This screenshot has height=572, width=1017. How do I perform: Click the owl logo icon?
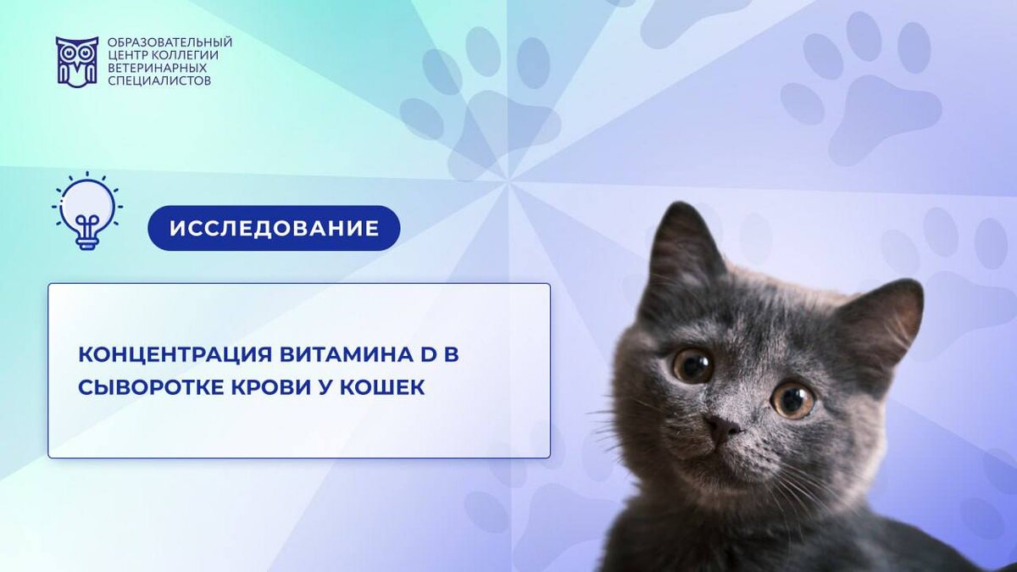click(x=77, y=62)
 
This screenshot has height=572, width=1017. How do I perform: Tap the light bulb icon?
click(x=87, y=210)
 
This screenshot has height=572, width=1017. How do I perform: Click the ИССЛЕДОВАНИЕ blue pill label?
click(x=274, y=228)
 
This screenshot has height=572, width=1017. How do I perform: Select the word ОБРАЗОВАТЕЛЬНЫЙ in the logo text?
click(x=169, y=42)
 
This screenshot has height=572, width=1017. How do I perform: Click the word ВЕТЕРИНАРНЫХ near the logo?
click(x=157, y=68)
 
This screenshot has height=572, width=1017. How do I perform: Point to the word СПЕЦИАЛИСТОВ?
click(x=159, y=81)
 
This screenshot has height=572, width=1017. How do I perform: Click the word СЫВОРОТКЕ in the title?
click(x=152, y=388)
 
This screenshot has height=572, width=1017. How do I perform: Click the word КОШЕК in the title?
click(x=382, y=388)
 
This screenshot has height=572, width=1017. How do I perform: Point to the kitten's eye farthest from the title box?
click(x=792, y=400)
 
